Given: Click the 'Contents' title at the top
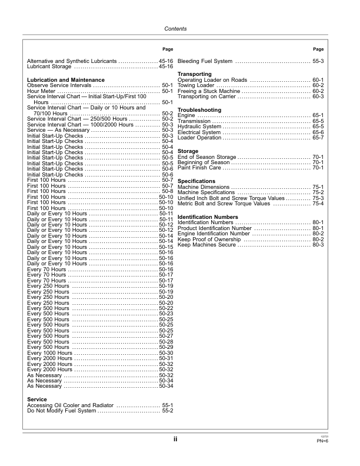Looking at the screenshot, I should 175,29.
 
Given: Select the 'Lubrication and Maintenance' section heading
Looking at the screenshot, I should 66,79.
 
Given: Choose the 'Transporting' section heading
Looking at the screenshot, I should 195,74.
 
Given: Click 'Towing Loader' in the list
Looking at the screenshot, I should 196,85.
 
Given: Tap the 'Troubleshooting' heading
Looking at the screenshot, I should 199,110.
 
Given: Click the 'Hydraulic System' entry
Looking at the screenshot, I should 199,127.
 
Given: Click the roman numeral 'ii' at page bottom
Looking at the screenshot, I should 175,439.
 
